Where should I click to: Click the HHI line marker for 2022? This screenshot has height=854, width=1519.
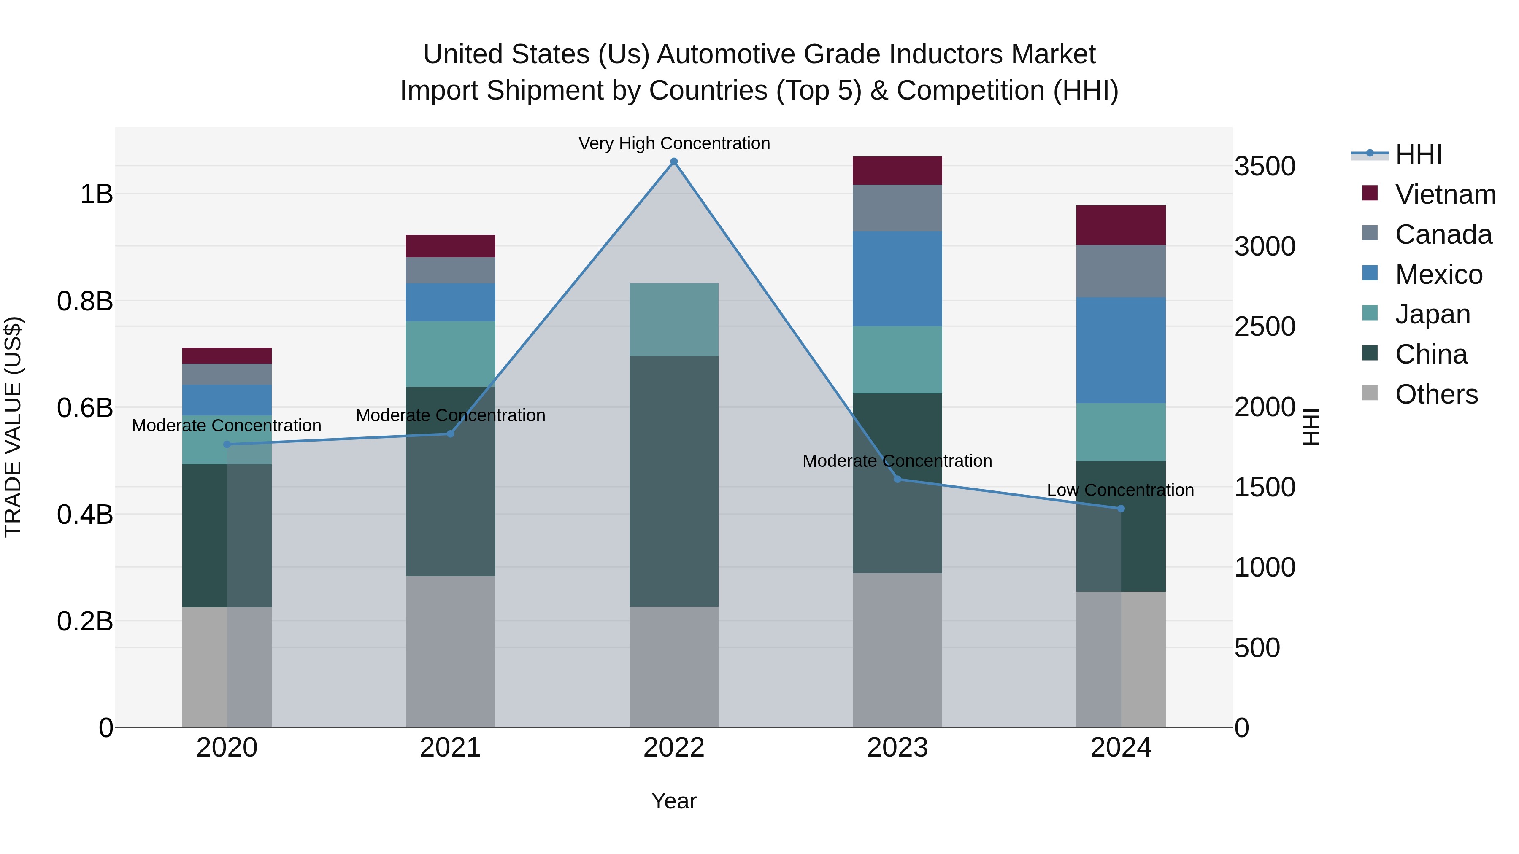tap(674, 162)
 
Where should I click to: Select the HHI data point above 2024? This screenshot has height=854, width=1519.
tap(1121, 509)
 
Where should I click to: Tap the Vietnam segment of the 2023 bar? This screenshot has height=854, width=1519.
tap(897, 170)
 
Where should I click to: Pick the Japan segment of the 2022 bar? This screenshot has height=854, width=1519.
tap(674, 319)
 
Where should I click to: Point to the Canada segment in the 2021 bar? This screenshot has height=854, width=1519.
tap(451, 270)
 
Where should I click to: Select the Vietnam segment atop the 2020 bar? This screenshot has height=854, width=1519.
tap(227, 356)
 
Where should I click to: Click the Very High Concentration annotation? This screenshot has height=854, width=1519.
tap(674, 143)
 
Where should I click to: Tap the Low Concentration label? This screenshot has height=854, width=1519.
tap(1120, 490)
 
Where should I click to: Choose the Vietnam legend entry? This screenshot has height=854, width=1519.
tap(1445, 194)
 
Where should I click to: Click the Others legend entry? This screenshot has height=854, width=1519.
tap(1436, 394)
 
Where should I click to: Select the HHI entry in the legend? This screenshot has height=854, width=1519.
tap(1418, 154)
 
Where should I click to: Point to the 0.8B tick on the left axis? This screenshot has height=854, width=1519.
tap(85, 301)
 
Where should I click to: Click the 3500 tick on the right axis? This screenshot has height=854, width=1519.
tap(1265, 166)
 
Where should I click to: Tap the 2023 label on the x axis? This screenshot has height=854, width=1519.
tap(897, 748)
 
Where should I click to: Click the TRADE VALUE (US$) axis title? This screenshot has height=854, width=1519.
tap(13, 427)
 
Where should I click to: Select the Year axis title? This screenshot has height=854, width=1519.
tap(674, 801)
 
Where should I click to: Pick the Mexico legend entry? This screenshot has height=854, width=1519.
tap(1438, 275)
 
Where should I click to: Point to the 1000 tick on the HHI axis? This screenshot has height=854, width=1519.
tap(1265, 567)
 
